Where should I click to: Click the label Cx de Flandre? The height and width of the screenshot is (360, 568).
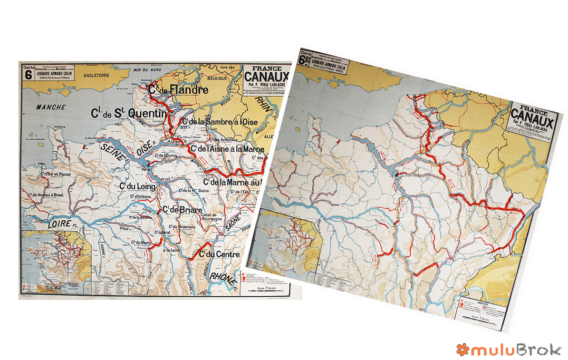click(x=178, y=90)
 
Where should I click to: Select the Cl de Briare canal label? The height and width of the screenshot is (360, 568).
click(x=182, y=210)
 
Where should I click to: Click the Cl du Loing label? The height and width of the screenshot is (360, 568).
click(x=138, y=187)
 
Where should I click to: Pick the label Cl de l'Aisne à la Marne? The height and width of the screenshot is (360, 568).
click(x=228, y=149)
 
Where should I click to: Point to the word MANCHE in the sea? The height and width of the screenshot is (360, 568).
click(x=51, y=108)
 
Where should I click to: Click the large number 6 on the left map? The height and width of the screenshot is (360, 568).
click(x=27, y=76)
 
